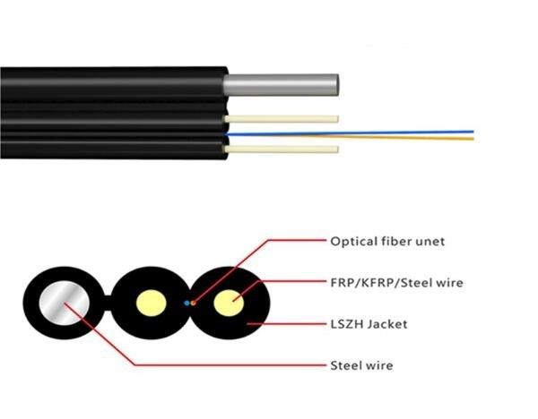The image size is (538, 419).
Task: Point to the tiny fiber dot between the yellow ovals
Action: (188, 304)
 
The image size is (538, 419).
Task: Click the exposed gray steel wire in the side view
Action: (282, 85)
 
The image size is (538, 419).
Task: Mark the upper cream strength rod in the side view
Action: (282, 118)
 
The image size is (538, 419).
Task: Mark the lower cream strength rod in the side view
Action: (282, 149)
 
